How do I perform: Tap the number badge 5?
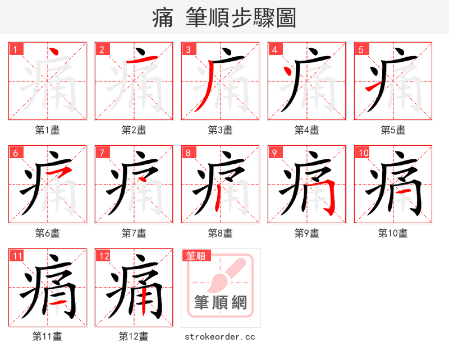click(x=361, y=49)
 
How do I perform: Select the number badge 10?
click(x=363, y=153)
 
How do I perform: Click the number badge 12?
click(x=104, y=256)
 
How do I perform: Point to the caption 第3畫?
click(x=220, y=130)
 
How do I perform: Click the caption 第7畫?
click(x=134, y=233)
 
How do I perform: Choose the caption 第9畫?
click(x=306, y=233)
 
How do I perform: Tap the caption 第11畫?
click(x=47, y=336)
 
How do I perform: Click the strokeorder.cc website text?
click(x=219, y=336)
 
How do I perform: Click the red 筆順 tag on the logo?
click(x=196, y=256)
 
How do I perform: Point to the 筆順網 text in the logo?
click(x=220, y=302)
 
